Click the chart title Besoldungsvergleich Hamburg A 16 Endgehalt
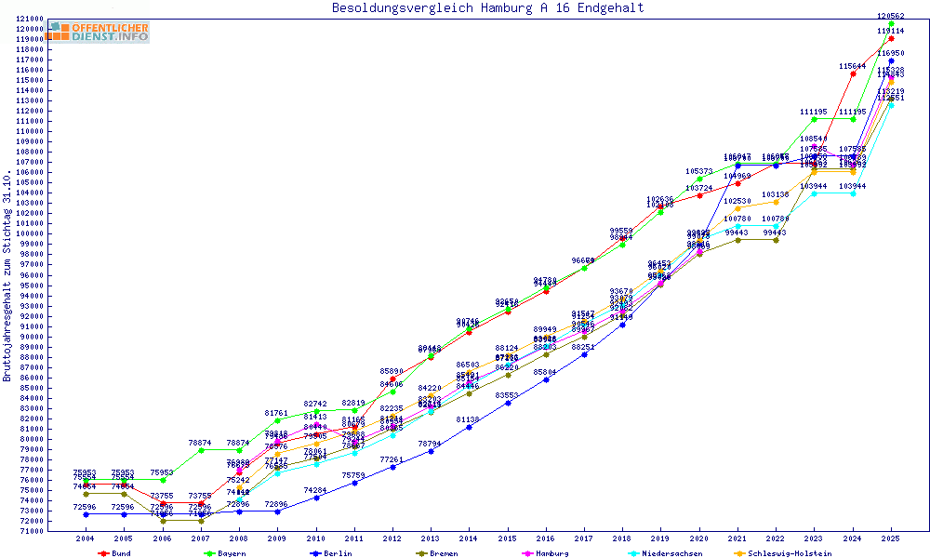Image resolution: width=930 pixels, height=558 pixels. tap(487, 8)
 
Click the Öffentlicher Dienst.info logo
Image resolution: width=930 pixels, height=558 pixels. tap(99, 32)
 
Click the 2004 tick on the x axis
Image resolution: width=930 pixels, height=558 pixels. tap(86, 538)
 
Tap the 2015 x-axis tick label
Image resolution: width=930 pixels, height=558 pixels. tap(508, 538)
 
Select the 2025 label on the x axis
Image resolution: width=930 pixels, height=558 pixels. tap(891, 538)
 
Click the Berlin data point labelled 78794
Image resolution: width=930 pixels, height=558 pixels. tap(431, 451)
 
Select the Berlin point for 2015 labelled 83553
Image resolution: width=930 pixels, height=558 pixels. tap(507, 403)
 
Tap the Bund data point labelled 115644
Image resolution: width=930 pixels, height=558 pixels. tap(853, 73)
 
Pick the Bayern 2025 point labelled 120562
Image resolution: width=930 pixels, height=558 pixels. tap(891, 23)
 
